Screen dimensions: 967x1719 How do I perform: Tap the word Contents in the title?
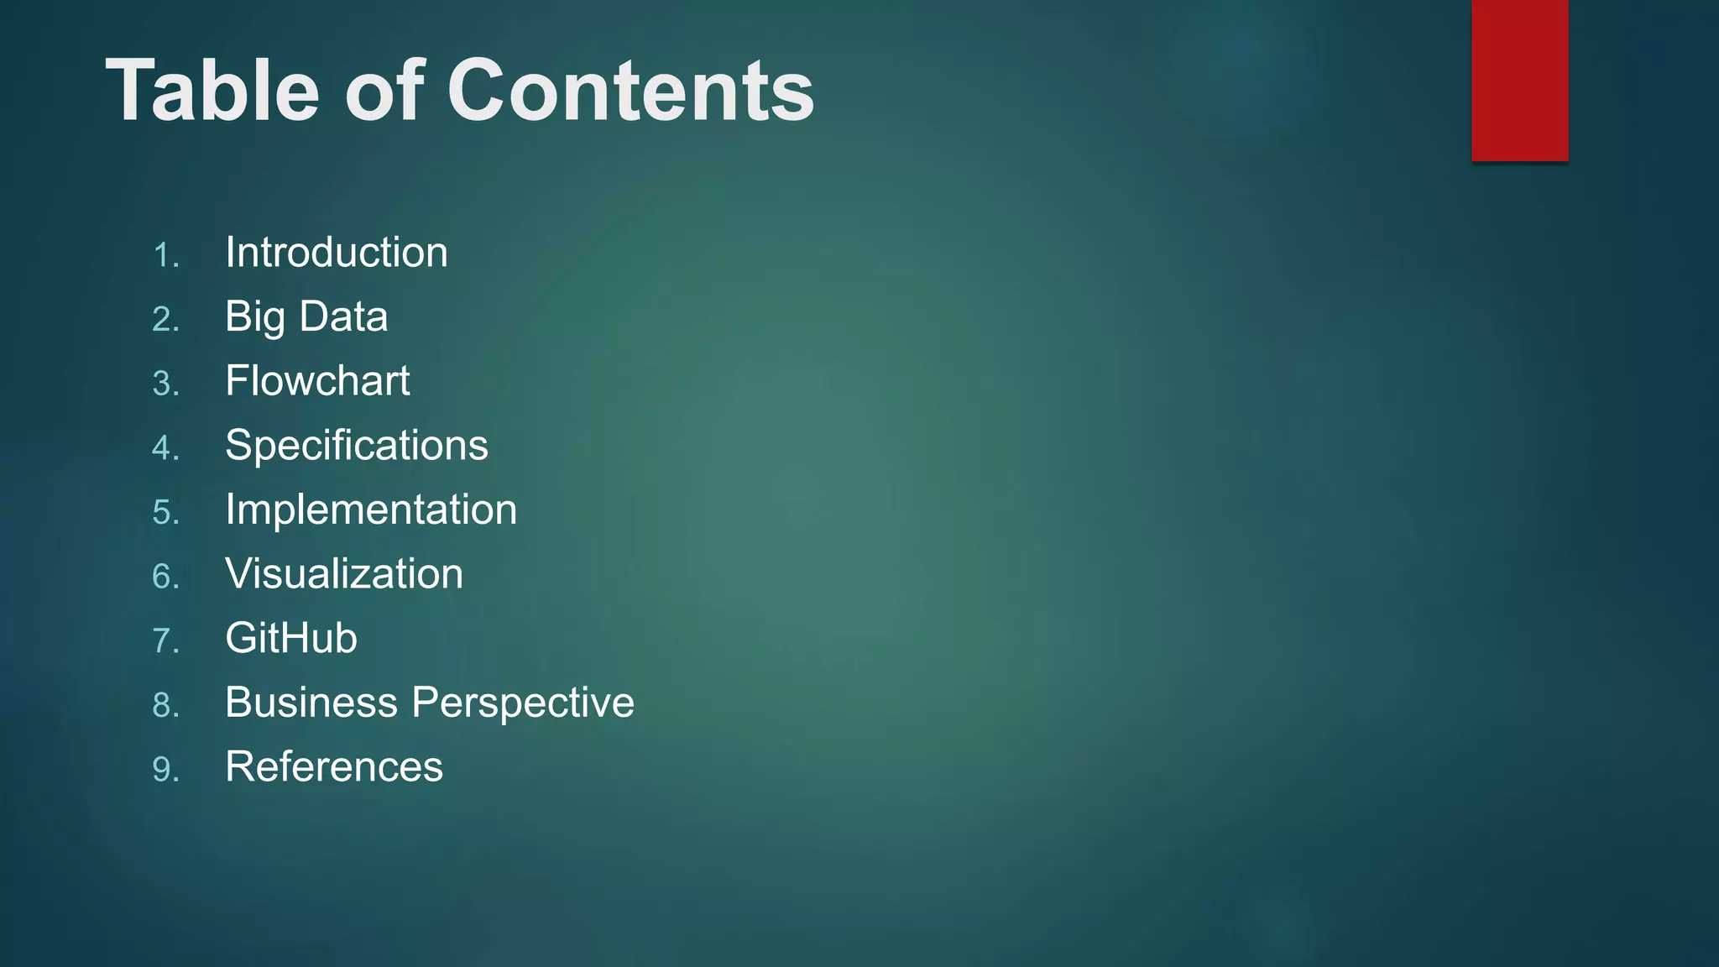630,91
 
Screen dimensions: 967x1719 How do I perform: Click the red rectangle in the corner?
1519,80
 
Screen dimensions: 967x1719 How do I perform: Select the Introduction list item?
337,253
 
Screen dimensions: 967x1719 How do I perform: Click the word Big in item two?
254,317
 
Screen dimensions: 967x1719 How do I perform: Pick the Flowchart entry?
317,381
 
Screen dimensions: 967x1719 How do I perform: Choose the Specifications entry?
357,446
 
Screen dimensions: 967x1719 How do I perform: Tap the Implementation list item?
371,510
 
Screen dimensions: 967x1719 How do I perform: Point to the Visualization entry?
344,574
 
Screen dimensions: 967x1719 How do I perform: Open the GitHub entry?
291,638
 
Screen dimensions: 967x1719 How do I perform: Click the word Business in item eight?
311,703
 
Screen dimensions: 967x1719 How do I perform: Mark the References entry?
334,767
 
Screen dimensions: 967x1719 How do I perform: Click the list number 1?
165,255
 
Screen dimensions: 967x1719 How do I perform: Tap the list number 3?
165,384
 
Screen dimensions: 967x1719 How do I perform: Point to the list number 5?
165,512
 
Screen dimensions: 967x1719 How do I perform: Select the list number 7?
165,640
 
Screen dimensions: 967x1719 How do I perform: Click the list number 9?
165,769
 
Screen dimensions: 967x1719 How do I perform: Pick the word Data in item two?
343,317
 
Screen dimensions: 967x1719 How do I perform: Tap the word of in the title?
384,91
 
